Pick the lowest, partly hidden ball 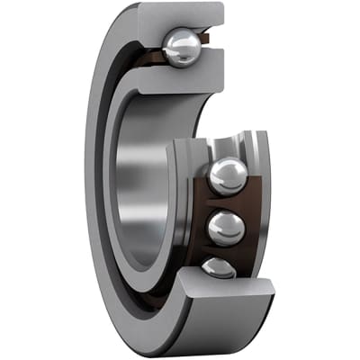(219, 266)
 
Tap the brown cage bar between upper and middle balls (225, 202)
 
